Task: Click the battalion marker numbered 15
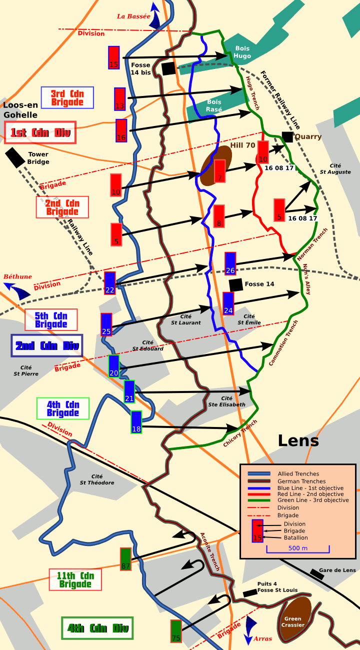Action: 114,57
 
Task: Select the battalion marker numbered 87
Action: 125,558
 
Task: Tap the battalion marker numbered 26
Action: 230,263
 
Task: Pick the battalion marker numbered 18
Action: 136,422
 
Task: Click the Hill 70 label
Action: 242,145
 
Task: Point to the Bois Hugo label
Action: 242,52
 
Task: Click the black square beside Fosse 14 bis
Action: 168,68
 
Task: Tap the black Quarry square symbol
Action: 287,136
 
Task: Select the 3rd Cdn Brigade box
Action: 67,97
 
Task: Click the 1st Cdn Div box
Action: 40,132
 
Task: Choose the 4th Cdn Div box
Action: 97,628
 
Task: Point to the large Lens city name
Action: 298,440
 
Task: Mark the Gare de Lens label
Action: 337,570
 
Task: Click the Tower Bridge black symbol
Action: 15,157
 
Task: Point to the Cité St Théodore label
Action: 97,479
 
